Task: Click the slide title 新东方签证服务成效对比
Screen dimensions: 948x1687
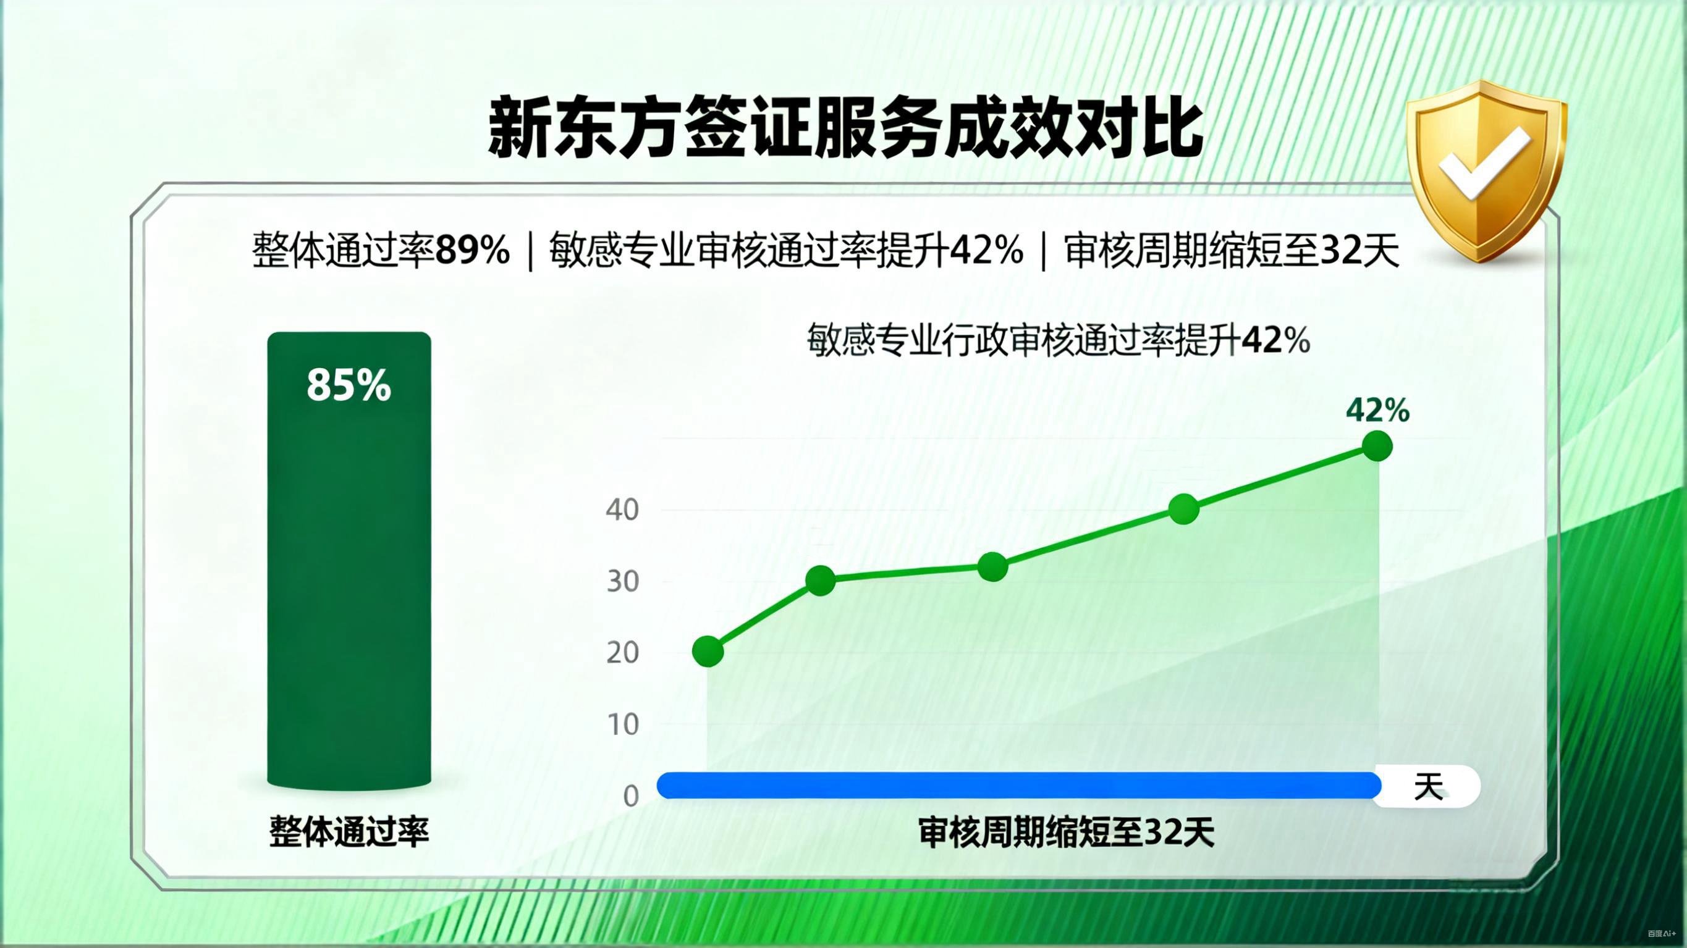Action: point(845,128)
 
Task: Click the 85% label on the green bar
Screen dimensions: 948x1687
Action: point(349,385)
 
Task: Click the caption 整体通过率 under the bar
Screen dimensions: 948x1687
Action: point(349,832)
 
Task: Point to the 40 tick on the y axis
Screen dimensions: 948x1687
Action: point(622,510)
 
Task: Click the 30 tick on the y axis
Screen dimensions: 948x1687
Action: point(622,581)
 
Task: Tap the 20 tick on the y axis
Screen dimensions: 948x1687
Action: point(622,653)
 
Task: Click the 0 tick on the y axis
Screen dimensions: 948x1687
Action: point(631,796)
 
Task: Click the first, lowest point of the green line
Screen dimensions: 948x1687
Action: point(708,652)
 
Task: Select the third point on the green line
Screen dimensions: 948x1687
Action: point(993,566)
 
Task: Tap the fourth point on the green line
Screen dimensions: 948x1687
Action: point(1184,509)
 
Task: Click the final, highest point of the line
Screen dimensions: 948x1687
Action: point(1377,447)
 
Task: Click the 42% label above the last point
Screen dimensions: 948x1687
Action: point(1377,411)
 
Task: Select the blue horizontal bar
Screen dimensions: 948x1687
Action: point(1018,786)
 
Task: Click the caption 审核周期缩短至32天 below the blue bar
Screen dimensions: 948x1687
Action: point(1066,833)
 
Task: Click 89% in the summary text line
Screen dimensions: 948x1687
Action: point(472,250)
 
